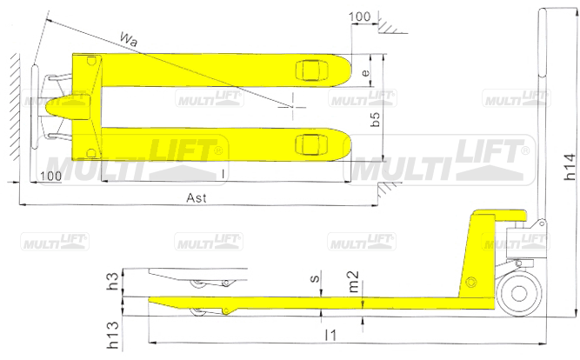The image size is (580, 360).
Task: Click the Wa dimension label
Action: coord(129,39)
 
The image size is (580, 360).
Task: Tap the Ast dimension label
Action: coord(197,197)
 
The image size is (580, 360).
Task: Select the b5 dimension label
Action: coord(375,118)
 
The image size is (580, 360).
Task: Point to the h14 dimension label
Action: coord(570,167)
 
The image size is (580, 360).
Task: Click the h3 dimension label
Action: coord(112,281)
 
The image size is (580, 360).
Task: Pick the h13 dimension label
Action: coord(113,335)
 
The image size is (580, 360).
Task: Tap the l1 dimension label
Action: coord(330,335)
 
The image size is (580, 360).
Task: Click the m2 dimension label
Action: coord(354,282)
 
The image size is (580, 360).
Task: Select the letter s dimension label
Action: coord(315,278)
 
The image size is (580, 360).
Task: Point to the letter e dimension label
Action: coord(365,72)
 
